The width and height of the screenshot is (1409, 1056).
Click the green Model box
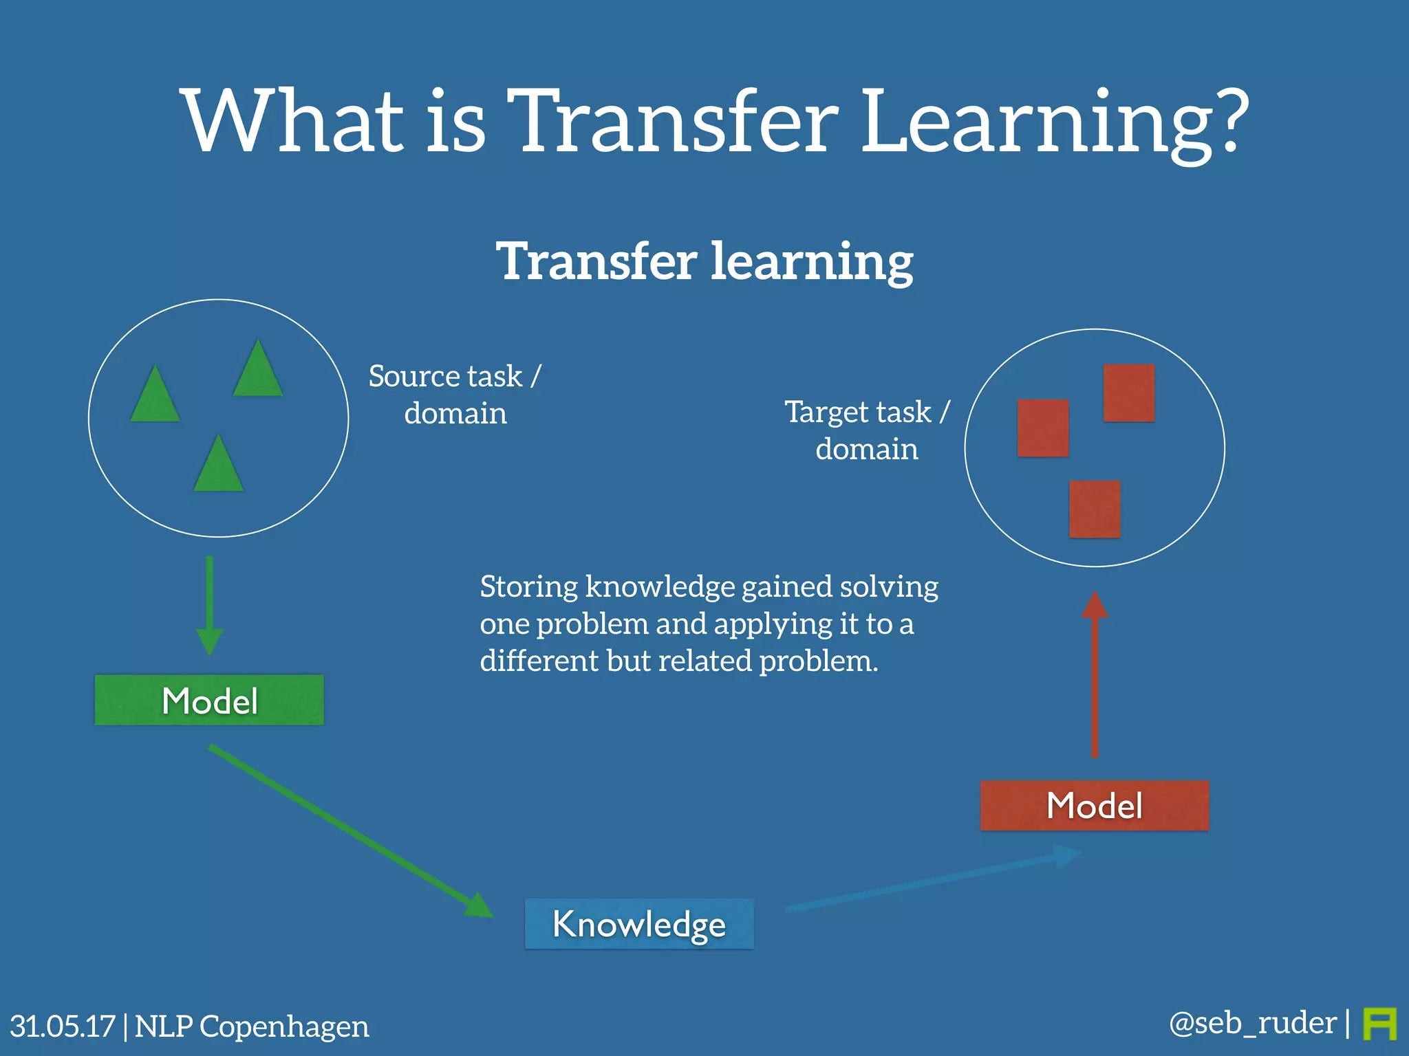coord(209,700)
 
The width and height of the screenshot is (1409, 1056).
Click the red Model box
coord(1094,805)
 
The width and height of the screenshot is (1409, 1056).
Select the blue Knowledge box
coord(639,923)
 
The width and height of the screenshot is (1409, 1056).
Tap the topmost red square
coord(1129,393)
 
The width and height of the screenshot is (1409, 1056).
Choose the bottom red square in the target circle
coord(1095,509)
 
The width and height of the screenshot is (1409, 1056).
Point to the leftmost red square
coord(1043,428)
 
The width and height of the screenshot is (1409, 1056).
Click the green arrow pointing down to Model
coord(209,605)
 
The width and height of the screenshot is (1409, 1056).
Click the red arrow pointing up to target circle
coord(1095,674)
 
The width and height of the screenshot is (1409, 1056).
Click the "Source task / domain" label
coord(455,395)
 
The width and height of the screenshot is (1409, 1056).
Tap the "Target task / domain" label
coord(867,430)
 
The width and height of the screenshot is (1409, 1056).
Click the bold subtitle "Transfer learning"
coord(704,262)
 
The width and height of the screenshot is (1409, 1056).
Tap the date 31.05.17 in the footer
coord(62,1026)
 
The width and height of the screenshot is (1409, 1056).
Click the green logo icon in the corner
coord(1379,1024)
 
